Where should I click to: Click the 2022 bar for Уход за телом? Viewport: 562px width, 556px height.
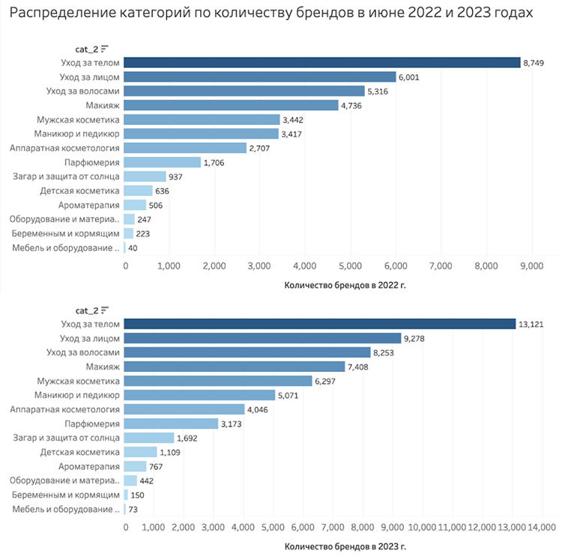[322, 63]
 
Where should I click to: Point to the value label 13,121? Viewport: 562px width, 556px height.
[533, 324]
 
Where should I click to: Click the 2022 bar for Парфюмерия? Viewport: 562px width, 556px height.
[163, 162]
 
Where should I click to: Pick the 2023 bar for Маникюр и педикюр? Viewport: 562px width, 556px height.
[199, 395]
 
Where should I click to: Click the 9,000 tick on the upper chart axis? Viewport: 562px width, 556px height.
[531, 266]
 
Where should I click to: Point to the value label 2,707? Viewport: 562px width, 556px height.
[262, 148]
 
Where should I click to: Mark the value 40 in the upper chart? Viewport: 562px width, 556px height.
[133, 248]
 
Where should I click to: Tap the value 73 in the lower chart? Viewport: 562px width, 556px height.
[133, 509]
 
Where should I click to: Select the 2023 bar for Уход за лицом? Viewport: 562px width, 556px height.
[262, 338]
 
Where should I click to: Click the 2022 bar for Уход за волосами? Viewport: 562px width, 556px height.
[244, 91]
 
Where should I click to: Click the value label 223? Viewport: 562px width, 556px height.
[142, 233]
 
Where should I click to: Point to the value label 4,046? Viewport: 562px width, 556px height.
[260, 409]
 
